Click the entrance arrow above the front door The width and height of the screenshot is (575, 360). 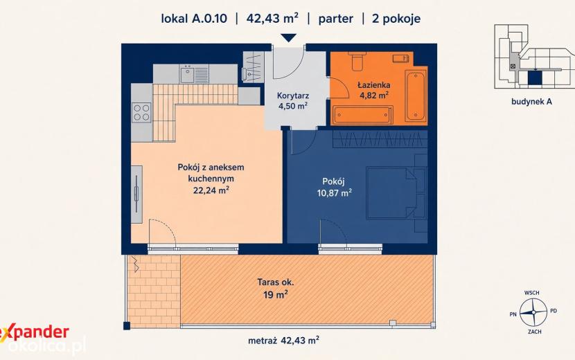(x=289, y=38)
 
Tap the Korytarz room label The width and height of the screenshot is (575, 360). (x=293, y=96)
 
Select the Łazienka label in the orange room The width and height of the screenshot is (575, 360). (x=374, y=85)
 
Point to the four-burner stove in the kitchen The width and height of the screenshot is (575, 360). (x=141, y=113)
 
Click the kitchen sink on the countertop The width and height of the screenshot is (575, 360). (x=187, y=75)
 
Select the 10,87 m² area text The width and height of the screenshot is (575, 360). (x=335, y=192)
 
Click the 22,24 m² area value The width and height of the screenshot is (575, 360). (x=211, y=190)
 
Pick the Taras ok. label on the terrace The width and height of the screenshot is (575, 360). (x=276, y=282)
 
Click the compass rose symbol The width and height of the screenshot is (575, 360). (x=533, y=312)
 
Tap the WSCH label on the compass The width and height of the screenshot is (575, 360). (x=532, y=293)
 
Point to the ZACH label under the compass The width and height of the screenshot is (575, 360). (x=535, y=332)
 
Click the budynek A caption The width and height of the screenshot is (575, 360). (x=531, y=102)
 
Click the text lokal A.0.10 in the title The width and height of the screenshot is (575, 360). (x=194, y=19)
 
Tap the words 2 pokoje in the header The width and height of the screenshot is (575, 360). (x=396, y=19)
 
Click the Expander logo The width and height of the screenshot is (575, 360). (x=35, y=333)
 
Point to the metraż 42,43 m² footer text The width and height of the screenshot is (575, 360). (x=283, y=341)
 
